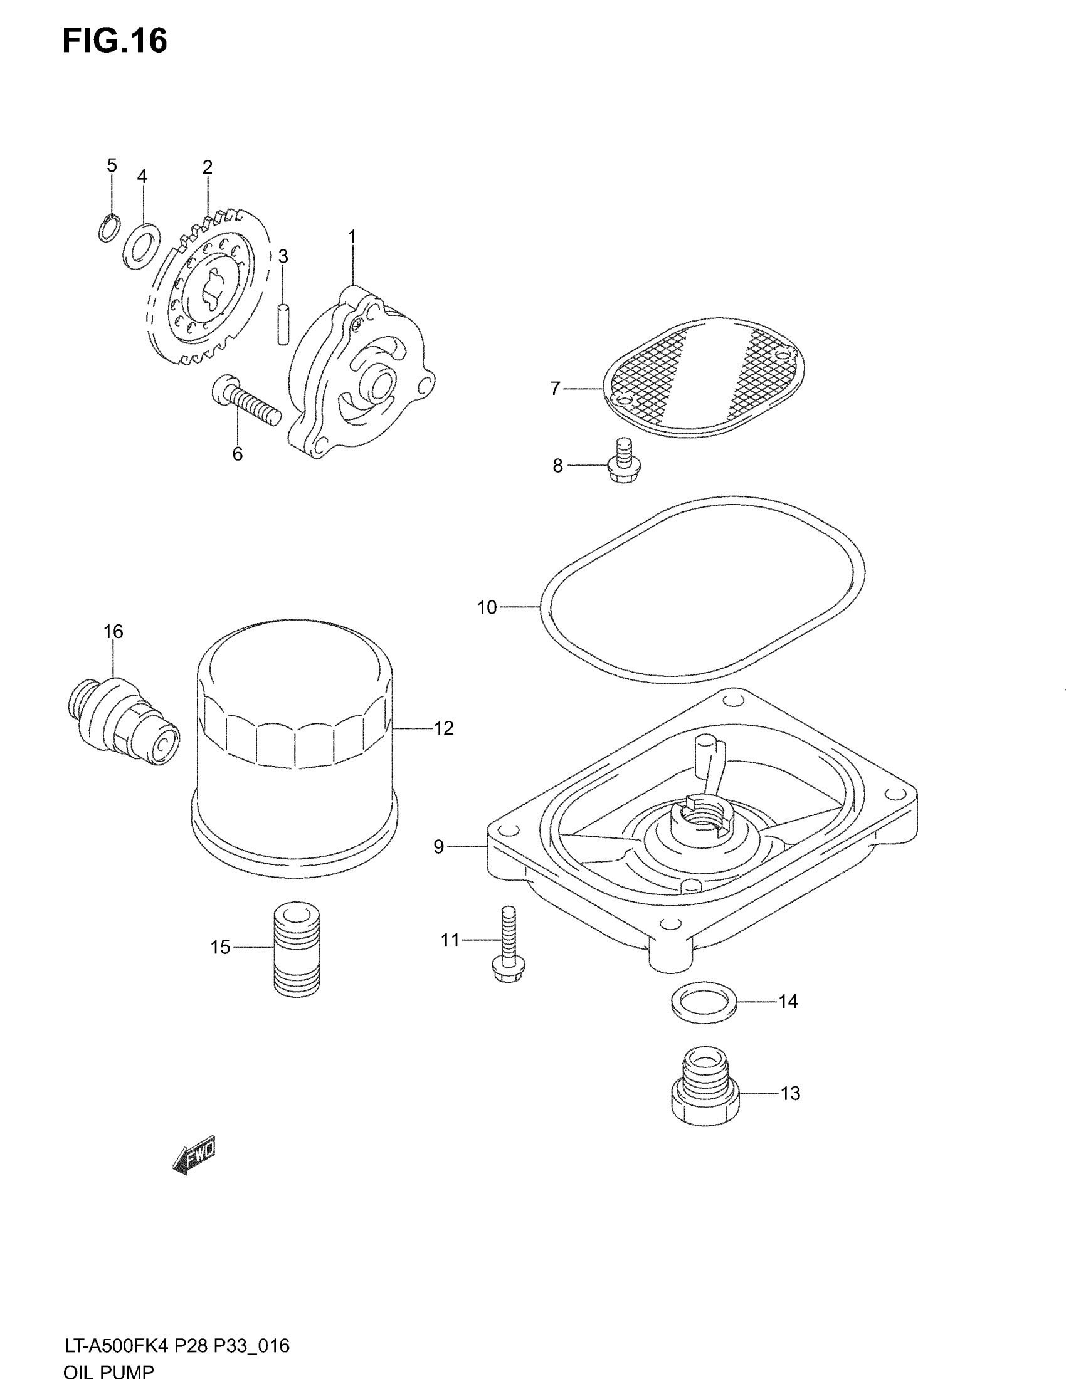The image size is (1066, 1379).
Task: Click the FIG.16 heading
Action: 114,41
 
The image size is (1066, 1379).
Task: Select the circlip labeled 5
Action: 109,228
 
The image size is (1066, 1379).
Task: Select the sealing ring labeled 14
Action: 704,1002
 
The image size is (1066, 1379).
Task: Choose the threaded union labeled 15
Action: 297,948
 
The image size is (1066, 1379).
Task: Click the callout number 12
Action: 443,728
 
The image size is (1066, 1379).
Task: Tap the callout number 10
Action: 487,607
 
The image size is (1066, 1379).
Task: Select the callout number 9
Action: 439,847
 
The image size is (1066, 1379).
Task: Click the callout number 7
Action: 555,389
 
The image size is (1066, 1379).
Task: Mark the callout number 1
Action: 352,238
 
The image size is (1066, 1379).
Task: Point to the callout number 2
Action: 207,167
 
